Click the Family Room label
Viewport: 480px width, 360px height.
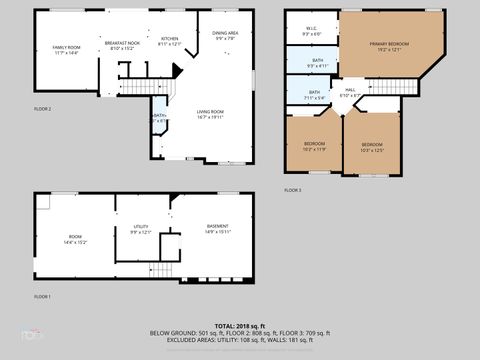[x=66, y=50]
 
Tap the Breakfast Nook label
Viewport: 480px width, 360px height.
[x=122, y=45]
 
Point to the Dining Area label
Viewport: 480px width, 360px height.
[x=225, y=35]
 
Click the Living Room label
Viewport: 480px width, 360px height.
[x=209, y=113]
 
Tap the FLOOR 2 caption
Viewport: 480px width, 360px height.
[x=42, y=108]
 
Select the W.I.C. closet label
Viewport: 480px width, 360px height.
[x=311, y=31]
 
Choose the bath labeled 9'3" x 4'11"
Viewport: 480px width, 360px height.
[x=317, y=63]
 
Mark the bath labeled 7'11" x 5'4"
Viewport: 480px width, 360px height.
[x=314, y=95]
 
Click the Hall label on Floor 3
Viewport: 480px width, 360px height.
[x=350, y=93]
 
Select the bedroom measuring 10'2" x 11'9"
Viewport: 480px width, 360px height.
[x=314, y=146]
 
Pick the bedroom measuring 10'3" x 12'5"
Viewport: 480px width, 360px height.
[x=372, y=147]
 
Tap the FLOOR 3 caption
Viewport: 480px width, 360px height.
[x=292, y=190]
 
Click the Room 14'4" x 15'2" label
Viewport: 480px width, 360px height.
[x=75, y=239]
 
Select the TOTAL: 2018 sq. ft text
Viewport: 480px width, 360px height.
[x=240, y=326]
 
